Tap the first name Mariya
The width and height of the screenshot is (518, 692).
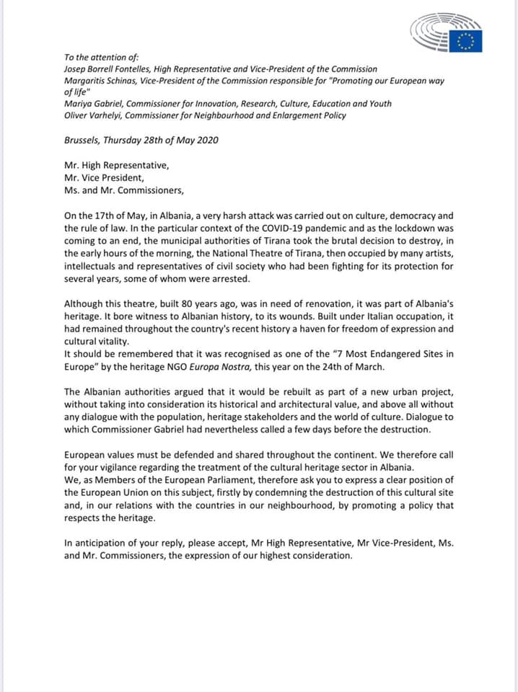click(x=78, y=103)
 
